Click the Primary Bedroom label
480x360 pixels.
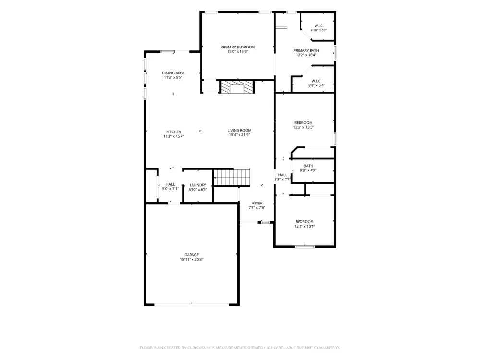238,47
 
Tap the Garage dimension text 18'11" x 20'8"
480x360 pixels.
192,260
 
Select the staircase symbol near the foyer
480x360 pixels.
231,177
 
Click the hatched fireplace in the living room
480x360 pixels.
237,86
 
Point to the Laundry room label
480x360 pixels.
198,185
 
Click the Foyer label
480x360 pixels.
256,203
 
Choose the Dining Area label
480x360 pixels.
173,73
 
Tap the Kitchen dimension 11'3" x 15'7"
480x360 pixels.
174,136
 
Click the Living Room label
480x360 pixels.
240,130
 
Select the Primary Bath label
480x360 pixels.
306,51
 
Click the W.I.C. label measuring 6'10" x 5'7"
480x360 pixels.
319,26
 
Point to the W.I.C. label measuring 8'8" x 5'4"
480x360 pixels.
316,81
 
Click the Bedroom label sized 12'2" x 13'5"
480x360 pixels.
303,123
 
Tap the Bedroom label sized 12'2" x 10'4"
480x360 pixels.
305,222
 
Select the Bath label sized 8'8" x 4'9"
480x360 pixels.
308,166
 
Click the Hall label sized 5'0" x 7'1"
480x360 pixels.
170,184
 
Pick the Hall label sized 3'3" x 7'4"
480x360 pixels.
283,175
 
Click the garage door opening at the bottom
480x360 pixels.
192,304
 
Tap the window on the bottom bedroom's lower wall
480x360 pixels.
305,246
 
